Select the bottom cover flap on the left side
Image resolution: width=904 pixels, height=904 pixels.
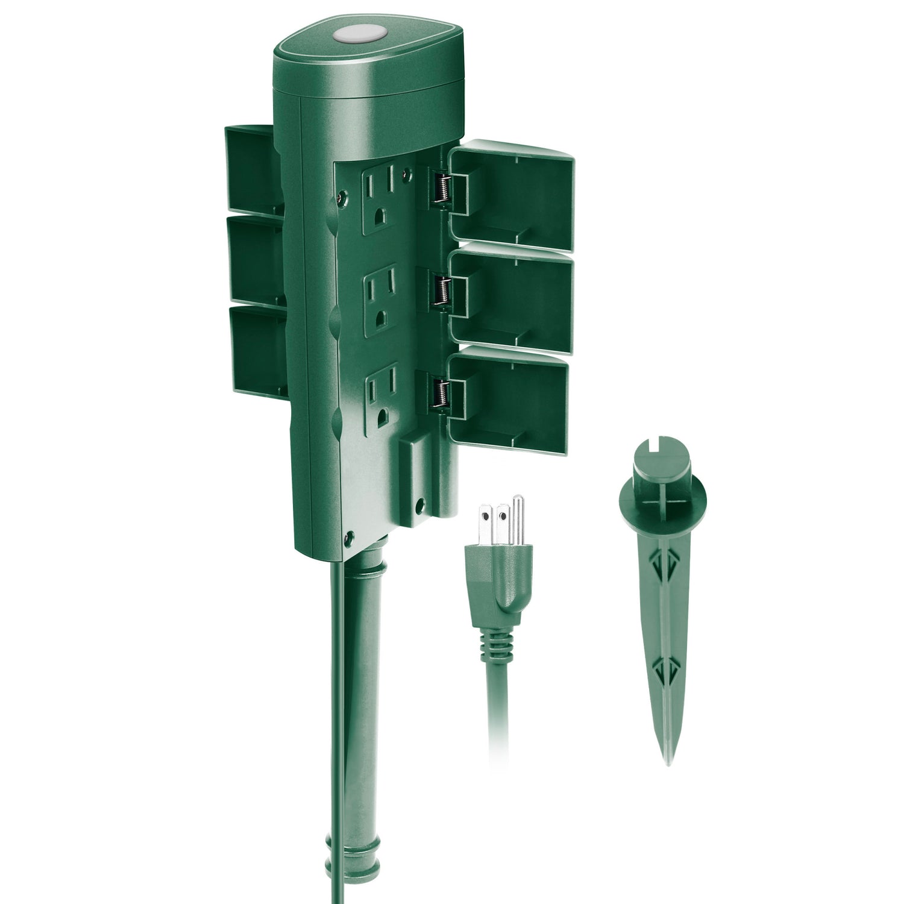[x=256, y=350]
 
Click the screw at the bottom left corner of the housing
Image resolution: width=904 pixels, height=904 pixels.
[x=347, y=534]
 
